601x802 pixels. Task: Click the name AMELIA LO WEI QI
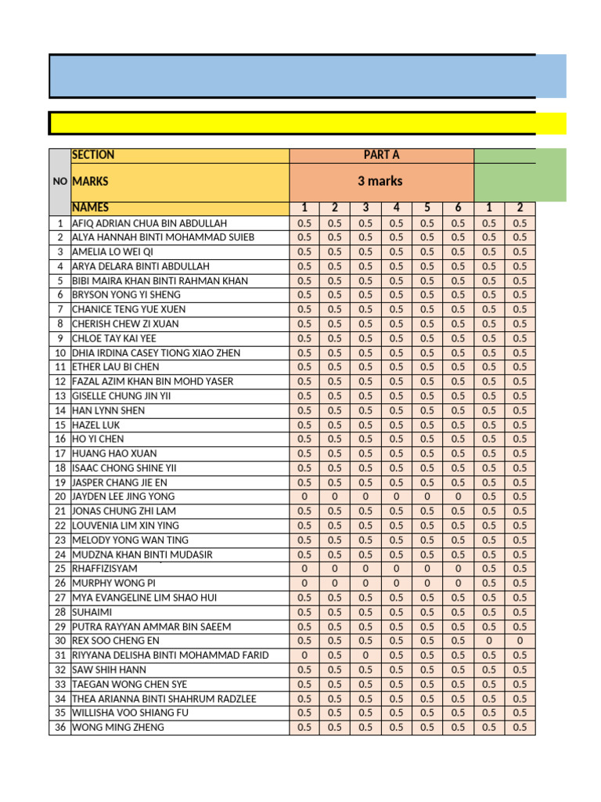113,251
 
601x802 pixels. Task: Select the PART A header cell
381,155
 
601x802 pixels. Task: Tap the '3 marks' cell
381,181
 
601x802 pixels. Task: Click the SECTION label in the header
93,155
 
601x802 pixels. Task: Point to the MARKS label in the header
90,181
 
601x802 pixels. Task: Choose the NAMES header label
90,208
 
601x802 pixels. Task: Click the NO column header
59,181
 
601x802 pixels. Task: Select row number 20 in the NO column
59,497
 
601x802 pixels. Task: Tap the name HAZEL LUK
96,424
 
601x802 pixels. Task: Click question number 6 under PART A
458,208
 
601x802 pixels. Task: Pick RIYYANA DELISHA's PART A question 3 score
365,655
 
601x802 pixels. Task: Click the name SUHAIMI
92,612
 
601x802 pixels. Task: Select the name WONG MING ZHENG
118,727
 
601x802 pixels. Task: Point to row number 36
59,727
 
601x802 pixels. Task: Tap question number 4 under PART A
397,208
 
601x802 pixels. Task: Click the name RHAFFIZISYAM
103,569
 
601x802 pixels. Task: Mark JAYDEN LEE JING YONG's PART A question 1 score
304,497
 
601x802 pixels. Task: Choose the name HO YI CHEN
98,439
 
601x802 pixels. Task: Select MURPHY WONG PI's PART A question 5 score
427,583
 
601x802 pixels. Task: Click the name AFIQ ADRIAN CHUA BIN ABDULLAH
149,222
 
